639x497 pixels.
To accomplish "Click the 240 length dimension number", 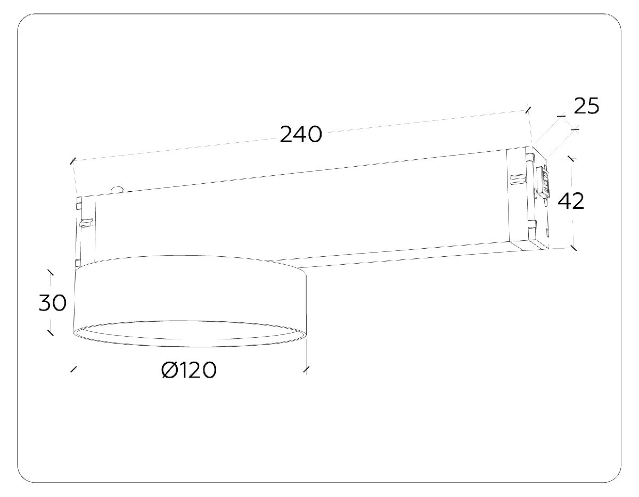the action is tap(301, 135).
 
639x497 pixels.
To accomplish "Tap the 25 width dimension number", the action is tap(586, 106).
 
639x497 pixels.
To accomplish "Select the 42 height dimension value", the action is tap(571, 201).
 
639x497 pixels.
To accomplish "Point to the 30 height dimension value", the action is tap(53, 303).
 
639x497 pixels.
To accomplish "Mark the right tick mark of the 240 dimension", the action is tap(528, 110).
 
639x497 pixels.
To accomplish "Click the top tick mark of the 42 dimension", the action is tap(571, 159).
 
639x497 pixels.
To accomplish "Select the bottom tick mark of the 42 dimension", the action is tap(574, 248).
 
